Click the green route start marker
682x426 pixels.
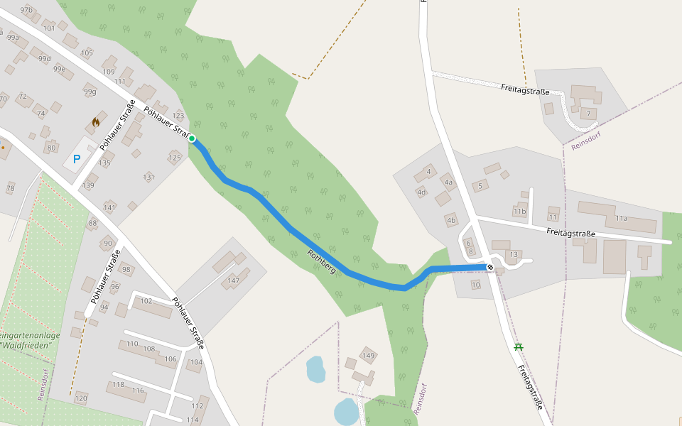(x=192, y=138)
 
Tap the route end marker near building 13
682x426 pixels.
(x=490, y=267)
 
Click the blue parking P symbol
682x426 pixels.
(x=77, y=160)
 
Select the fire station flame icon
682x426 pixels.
(x=96, y=122)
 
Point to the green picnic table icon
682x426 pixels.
(x=519, y=346)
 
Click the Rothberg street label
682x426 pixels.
(x=321, y=261)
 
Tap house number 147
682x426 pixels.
(x=233, y=281)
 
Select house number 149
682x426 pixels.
(x=368, y=356)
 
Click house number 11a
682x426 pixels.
(x=622, y=219)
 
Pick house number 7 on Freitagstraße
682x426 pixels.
(x=588, y=114)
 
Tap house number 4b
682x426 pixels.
(x=451, y=220)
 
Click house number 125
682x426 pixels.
(x=175, y=157)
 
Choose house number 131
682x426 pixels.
(x=148, y=177)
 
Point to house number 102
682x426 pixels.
(x=146, y=301)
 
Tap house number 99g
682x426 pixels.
(x=90, y=92)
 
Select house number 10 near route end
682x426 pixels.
(x=476, y=285)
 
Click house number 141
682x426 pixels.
(x=109, y=207)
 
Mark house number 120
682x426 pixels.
(x=81, y=398)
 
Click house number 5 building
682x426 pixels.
(x=481, y=186)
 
